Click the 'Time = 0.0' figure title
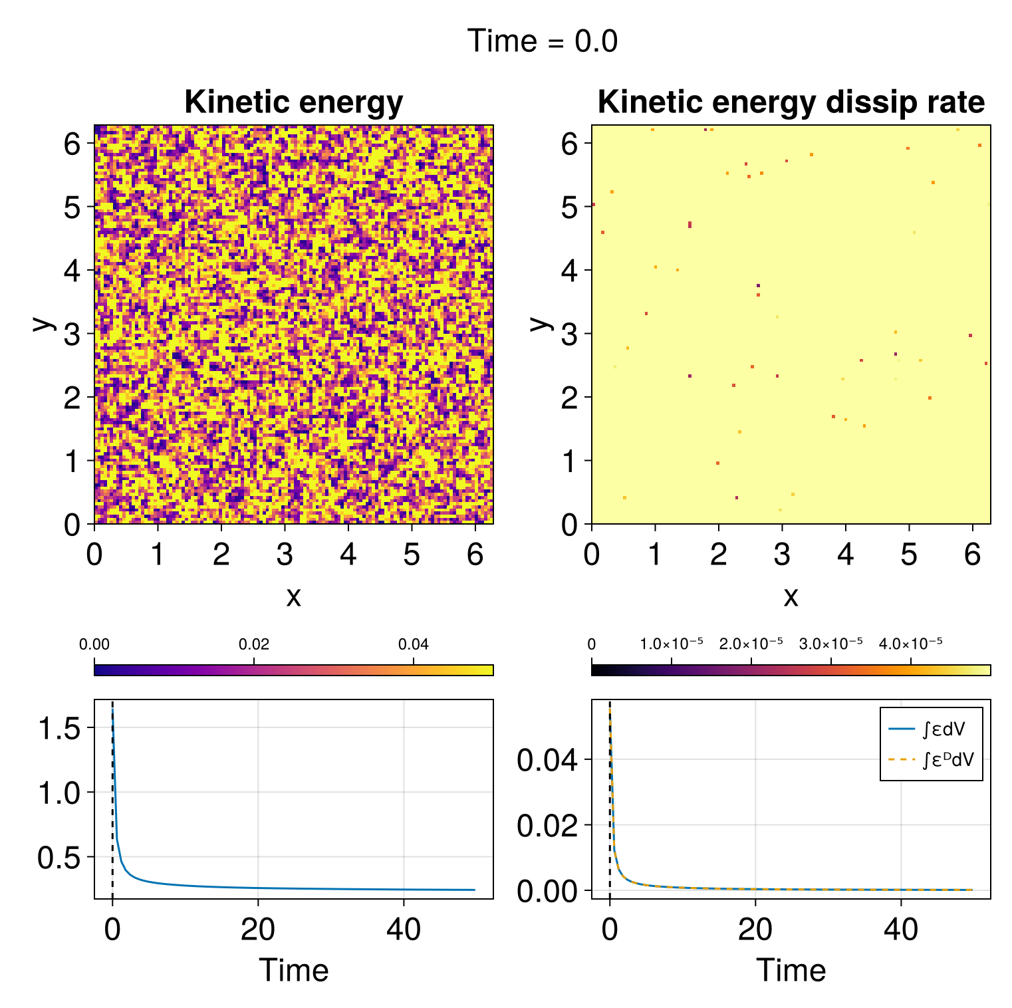coord(543,41)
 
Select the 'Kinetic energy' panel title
coord(293,102)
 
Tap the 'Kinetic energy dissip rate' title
coord(791,102)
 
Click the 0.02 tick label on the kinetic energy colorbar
coord(253,644)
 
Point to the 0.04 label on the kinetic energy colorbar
coord(413,644)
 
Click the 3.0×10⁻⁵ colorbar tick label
coord(830,644)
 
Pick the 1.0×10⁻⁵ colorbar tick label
coord(671,644)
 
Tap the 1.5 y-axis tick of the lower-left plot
coord(59,729)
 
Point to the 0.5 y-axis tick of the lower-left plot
coord(59,858)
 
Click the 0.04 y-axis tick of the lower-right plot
coord(547,760)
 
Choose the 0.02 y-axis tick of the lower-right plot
coord(547,825)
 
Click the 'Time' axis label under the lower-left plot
coord(293,970)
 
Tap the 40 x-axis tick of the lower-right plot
coord(901,929)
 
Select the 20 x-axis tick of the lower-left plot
coord(258,929)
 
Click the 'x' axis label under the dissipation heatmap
coord(791,596)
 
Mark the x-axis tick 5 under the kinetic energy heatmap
coord(412,554)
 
